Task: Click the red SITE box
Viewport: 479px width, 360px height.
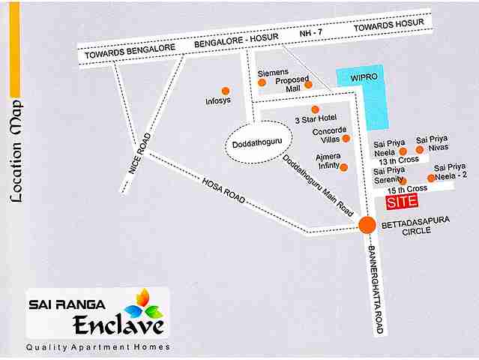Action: (401, 202)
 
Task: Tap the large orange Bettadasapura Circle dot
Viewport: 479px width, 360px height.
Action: (367, 224)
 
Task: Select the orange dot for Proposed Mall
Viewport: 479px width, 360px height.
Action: (308, 85)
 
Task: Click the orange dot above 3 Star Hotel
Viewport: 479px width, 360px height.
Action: (315, 109)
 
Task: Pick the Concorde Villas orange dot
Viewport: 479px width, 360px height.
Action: (346, 139)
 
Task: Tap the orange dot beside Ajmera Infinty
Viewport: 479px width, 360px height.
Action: (343, 166)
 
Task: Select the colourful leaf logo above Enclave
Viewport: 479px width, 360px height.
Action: (145, 303)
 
